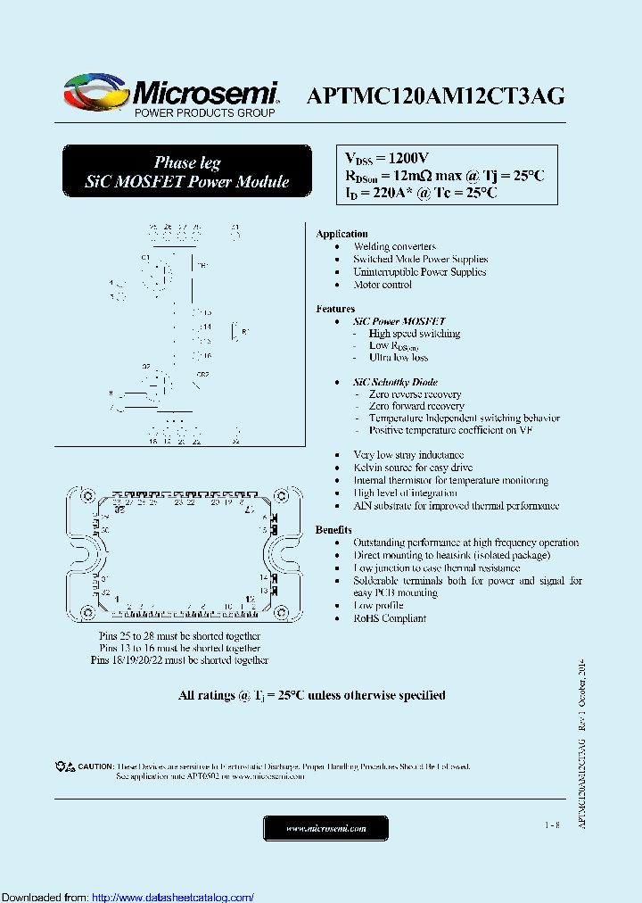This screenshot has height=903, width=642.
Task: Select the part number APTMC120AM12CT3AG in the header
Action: point(435,96)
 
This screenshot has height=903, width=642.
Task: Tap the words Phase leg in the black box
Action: point(187,162)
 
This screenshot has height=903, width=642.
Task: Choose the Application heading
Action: point(342,234)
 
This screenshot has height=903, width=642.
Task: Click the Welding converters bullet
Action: point(394,246)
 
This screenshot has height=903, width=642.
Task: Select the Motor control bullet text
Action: point(383,285)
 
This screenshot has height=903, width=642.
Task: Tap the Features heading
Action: point(335,309)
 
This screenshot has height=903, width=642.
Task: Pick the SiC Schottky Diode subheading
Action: point(395,382)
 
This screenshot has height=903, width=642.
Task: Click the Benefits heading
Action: point(333,530)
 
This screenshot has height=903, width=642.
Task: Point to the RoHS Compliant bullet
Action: point(390,618)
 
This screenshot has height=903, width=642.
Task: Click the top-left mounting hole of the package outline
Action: point(87,496)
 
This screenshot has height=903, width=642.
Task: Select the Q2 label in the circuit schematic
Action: point(146,367)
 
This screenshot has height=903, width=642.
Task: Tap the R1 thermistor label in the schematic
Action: point(245,332)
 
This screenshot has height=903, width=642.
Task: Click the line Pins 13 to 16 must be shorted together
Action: point(180,648)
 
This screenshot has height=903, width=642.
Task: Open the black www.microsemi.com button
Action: point(325,828)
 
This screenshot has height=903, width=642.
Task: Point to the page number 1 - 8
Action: point(552,826)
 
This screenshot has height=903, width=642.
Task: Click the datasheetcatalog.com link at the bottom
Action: point(173,897)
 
